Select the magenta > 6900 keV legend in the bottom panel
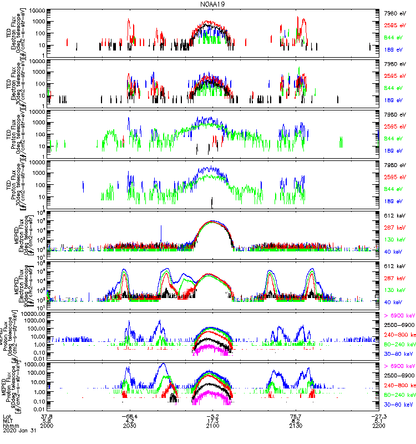pos(399,367)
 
